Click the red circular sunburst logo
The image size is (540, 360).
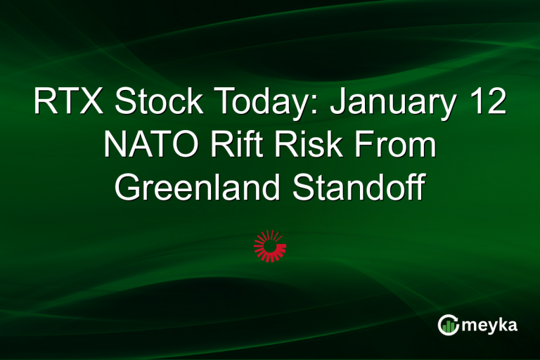(x=270, y=245)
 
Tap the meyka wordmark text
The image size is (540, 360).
(x=491, y=325)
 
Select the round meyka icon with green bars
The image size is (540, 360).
(x=448, y=325)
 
